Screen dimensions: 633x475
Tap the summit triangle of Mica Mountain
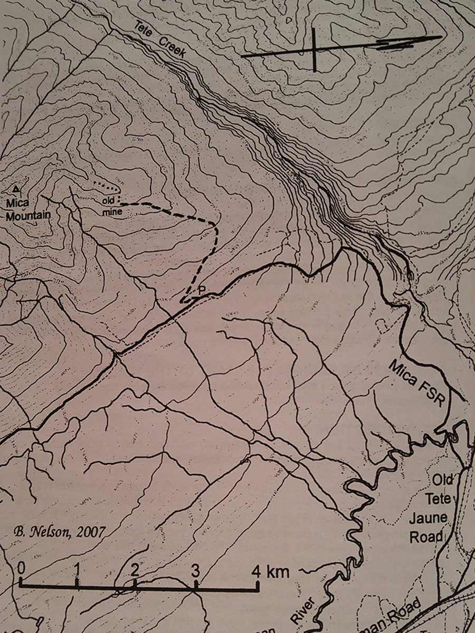[17, 188]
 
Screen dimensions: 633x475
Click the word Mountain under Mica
[29, 215]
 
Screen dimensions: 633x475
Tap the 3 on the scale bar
[195, 570]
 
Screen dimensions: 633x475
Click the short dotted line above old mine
[109, 186]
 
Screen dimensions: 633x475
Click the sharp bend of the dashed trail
[215, 226]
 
